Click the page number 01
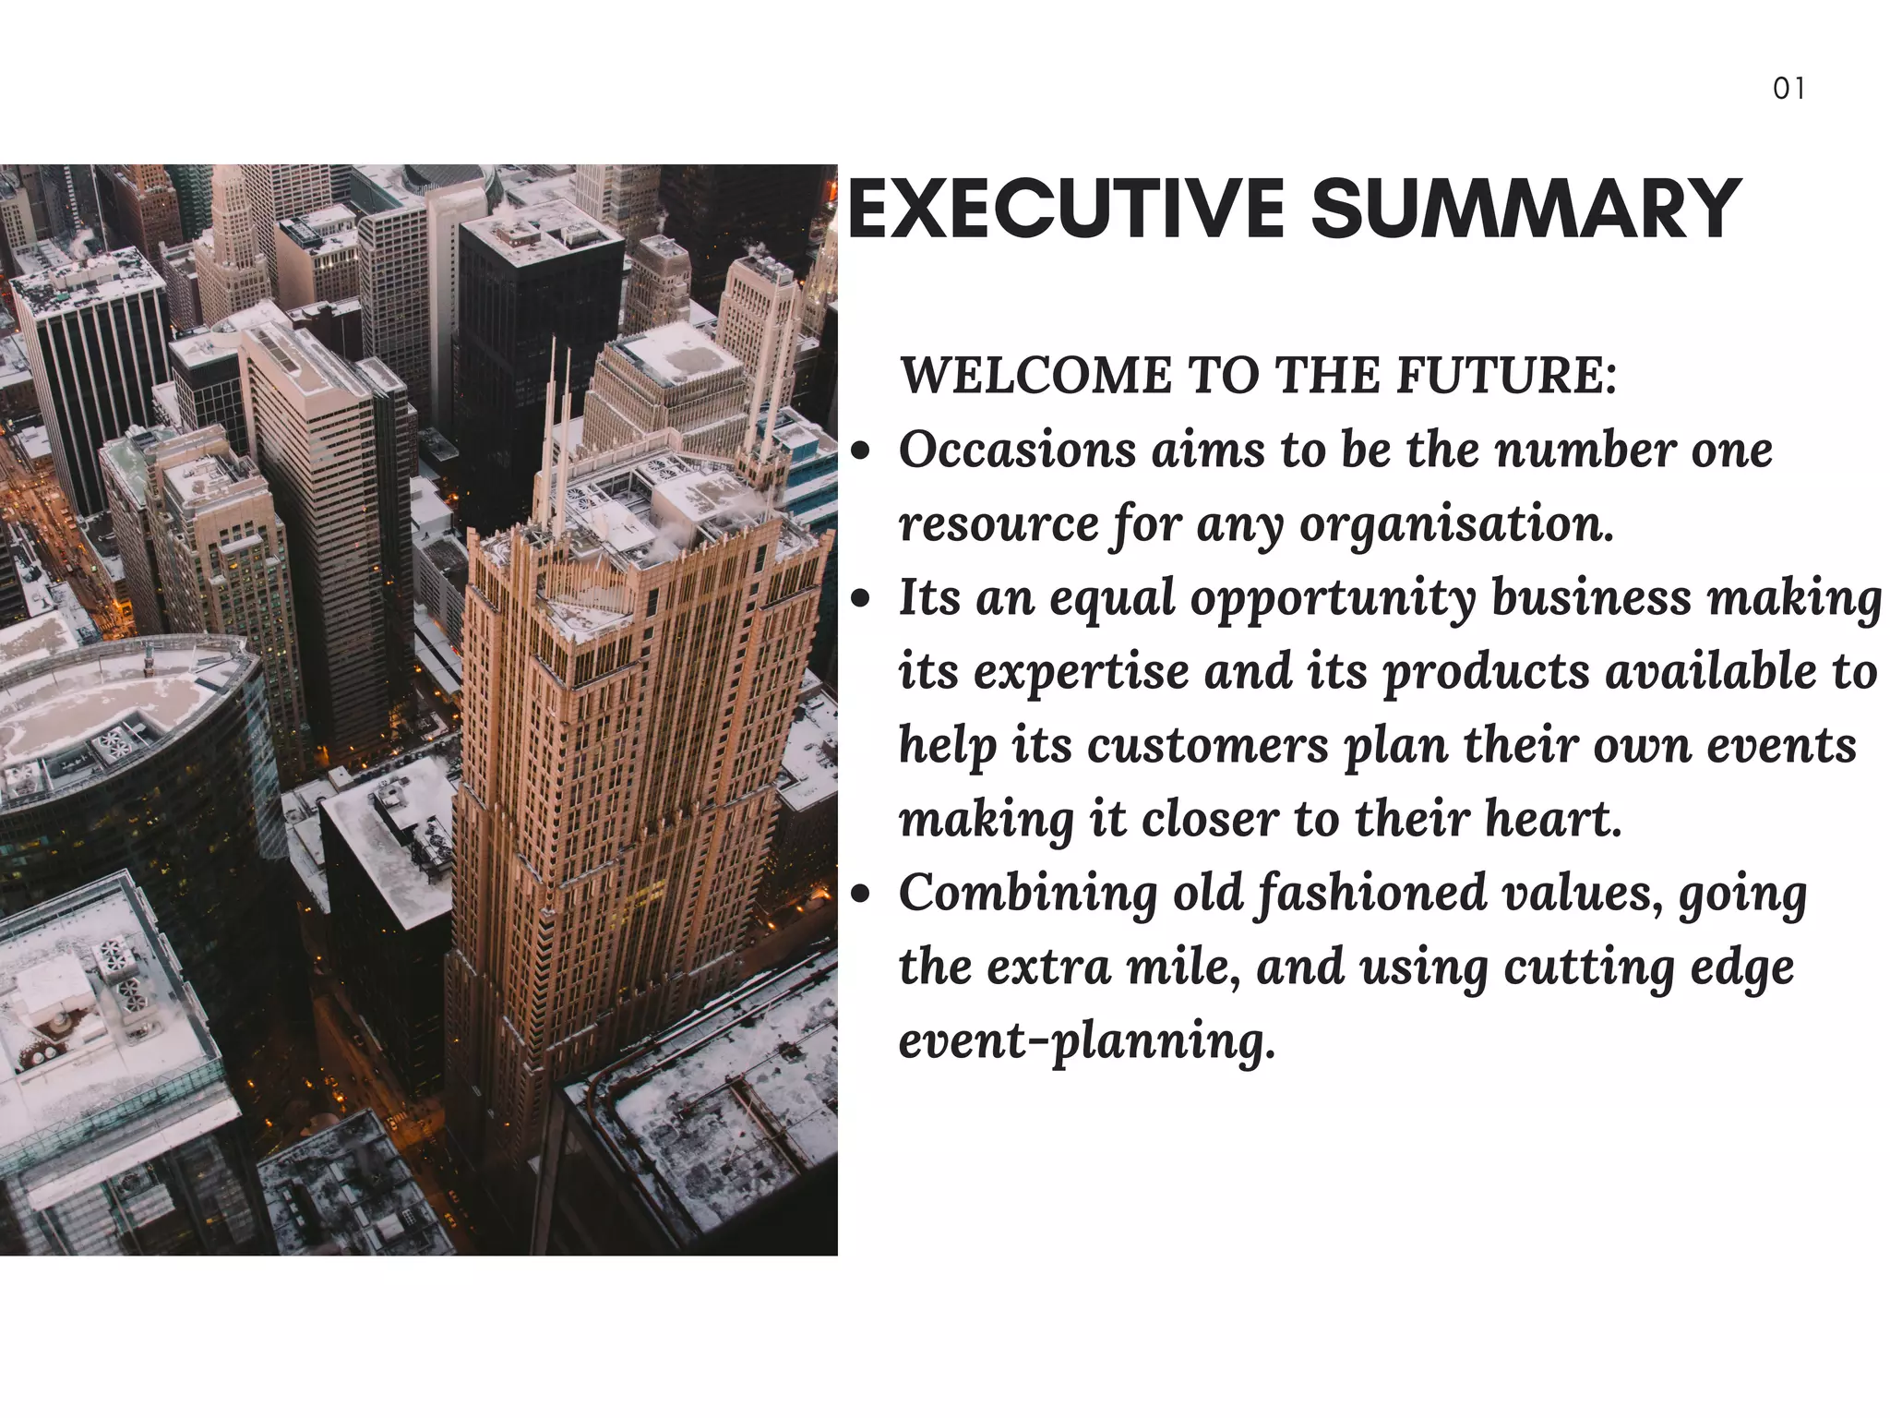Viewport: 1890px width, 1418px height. point(1788,89)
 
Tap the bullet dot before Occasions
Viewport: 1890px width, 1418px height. point(861,451)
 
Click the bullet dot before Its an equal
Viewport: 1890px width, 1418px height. point(861,599)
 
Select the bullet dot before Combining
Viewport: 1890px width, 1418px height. point(861,895)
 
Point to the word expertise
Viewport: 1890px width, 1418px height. point(1081,672)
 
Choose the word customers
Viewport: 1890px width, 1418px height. point(1207,746)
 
